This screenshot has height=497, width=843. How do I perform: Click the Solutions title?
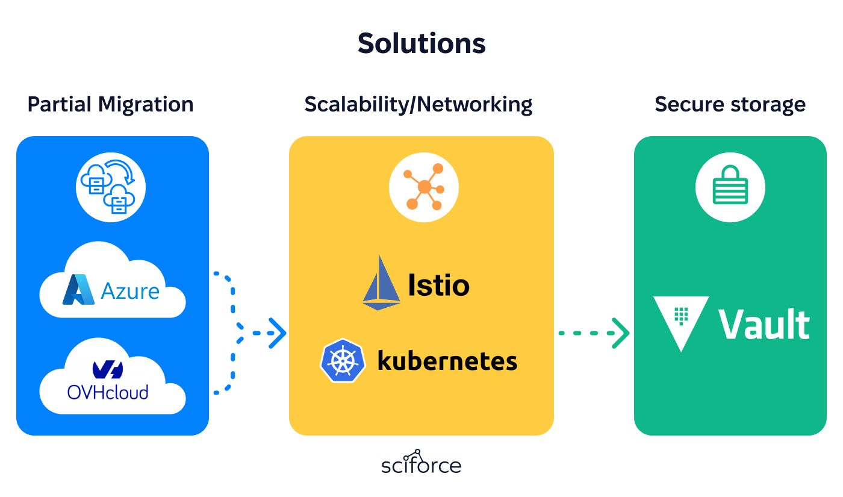pos(421,43)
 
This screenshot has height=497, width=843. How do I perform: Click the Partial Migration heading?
pos(111,104)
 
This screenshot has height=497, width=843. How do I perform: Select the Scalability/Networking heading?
pos(418,104)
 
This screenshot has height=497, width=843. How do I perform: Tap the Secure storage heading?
pos(730,104)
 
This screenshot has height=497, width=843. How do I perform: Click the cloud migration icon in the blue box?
pos(111,187)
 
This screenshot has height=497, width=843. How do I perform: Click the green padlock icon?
pos(730,185)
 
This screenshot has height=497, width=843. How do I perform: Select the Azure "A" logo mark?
pos(78,289)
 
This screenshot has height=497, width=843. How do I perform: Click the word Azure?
pos(130,291)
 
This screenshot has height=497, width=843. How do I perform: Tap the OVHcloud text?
pos(108,392)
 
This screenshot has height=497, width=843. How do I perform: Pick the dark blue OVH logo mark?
pos(108,370)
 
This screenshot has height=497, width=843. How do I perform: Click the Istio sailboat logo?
pos(381,283)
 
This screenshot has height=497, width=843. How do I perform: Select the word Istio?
pos(439,285)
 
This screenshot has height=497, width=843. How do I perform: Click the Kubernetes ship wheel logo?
pos(343,361)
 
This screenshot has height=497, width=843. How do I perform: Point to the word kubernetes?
pos(447,361)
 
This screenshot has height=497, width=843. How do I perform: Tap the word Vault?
pos(764,324)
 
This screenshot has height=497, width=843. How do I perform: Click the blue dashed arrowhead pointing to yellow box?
pos(278,333)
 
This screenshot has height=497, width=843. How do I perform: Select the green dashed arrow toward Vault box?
pos(594,333)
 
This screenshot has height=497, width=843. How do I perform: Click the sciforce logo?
pos(421,462)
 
